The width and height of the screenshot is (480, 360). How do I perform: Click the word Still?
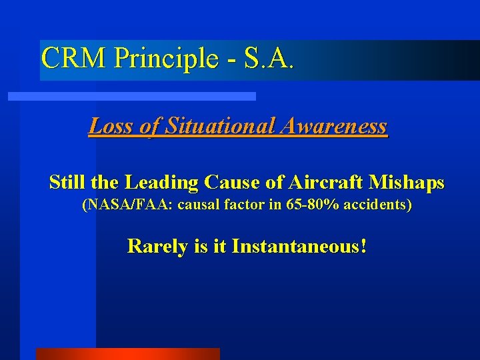tap(67, 183)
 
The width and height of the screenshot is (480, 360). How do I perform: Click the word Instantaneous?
tap(298, 247)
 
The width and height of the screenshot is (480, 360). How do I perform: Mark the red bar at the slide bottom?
tap(127, 354)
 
